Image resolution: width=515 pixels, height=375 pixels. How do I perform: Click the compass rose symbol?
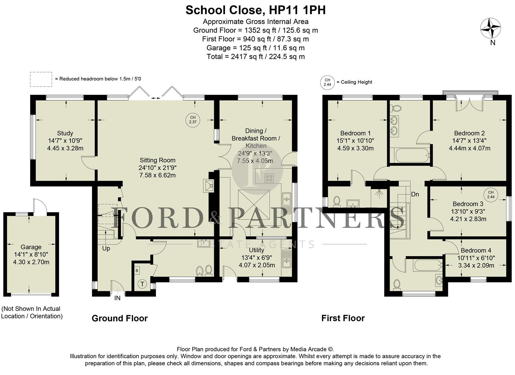point(490,28)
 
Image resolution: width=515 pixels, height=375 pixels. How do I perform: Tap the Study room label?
point(65,133)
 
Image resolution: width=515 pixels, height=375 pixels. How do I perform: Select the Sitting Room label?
point(157,160)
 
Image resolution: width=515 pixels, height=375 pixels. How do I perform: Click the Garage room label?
point(31,247)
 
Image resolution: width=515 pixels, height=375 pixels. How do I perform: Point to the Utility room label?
point(256,250)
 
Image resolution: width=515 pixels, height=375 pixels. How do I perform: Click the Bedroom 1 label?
point(355,133)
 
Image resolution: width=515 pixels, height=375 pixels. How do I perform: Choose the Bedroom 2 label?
point(469,133)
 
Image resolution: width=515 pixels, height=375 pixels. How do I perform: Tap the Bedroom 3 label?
point(468,204)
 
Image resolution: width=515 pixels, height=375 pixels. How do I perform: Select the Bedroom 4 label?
point(476,251)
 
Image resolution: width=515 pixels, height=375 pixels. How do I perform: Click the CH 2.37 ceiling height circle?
point(193,120)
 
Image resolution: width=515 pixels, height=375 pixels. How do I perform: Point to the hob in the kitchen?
point(269,178)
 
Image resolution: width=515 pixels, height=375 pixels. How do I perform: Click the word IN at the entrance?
point(117,298)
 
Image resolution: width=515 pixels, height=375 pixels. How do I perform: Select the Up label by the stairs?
point(106,249)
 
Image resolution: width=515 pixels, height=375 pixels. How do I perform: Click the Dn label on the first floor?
point(415,194)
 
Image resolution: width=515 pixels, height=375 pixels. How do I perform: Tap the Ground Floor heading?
point(119,318)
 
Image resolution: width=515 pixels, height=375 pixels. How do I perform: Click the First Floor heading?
point(343,318)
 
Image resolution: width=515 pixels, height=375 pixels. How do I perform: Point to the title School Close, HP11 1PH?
point(256,10)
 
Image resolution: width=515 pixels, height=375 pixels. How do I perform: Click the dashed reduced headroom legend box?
point(41,79)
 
